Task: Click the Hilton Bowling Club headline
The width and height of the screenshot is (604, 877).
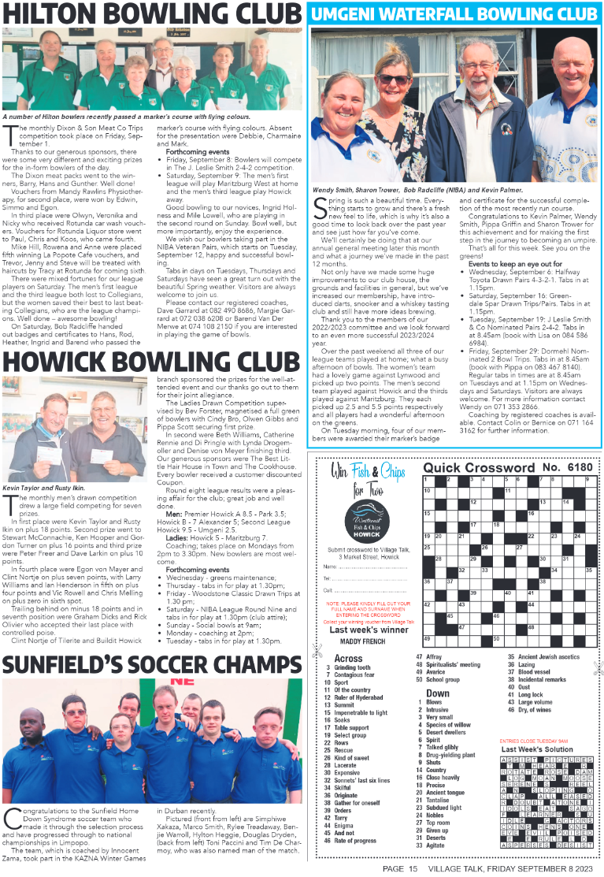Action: pyautogui.click(x=151, y=13)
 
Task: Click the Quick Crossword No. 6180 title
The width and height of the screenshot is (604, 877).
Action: pyautogui.click(x=507, y=467)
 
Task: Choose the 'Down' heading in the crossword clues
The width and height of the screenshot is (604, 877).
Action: pyautogui.click(x=437, y=693)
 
